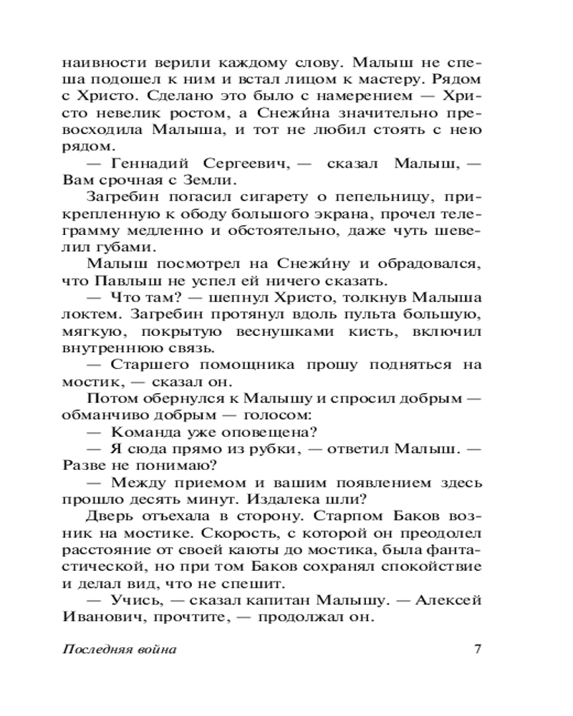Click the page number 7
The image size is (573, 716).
tap(476, 649)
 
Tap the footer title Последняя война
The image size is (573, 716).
tap(120, 650)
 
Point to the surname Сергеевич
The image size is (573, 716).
tap(246, 164)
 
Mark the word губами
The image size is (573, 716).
tap(126, 247)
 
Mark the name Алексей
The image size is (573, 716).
tap(453, 600)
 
